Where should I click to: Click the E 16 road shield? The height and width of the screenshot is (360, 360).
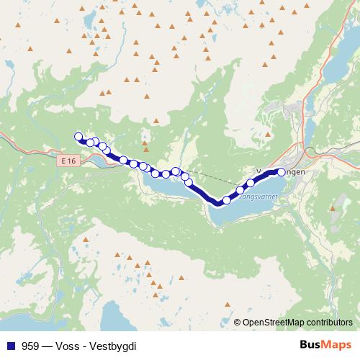point(68,161)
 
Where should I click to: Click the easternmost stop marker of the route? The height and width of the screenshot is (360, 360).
point(282,171)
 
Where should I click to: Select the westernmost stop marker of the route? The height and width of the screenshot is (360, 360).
point(78,136)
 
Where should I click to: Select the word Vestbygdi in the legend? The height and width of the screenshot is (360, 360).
point(114,345)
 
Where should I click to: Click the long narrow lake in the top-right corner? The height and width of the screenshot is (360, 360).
point(337,68)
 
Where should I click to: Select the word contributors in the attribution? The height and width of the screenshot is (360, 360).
point(328,322)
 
